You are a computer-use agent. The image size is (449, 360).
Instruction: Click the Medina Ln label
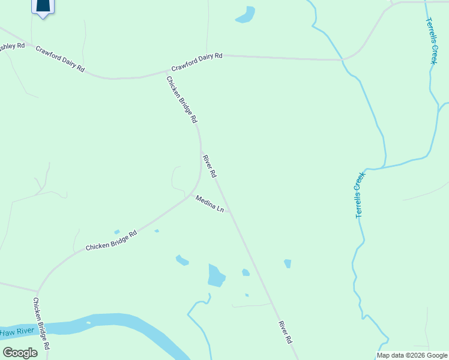209,205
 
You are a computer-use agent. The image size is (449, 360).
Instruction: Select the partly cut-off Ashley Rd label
12,46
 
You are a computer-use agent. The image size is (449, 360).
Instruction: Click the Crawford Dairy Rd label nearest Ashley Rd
59,59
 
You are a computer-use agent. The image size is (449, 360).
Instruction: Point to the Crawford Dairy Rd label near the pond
197,62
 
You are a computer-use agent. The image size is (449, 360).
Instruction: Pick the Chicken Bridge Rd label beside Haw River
41,324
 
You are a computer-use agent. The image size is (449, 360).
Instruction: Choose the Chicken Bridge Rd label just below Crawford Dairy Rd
181,100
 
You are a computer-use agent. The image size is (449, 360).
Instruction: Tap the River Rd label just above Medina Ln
209,167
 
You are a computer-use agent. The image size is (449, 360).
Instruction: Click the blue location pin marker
42,6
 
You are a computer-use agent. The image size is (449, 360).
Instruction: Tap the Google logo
20,353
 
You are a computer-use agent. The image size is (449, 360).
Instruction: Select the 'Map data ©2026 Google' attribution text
412,355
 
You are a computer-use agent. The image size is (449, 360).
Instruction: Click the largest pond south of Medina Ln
215,275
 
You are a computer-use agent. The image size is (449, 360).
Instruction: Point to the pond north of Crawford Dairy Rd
246,14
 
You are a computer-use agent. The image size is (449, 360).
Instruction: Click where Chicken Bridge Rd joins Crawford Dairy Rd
166,73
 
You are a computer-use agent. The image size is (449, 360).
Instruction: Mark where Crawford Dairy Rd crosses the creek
342,60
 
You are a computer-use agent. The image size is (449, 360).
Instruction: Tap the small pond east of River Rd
288,263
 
